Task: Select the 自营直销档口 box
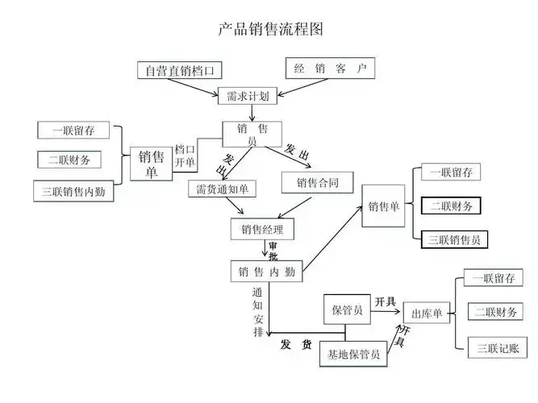[x=178, y=70]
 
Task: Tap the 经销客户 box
[x=330, y=69]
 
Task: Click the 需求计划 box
[x=248, y=96]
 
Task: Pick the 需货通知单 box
[x=223, y=189]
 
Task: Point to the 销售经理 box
[x=262, y=230]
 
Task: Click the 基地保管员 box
[x=353, y=354]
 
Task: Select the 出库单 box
[x=426, y=313]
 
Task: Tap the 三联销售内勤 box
[x=73, y=192]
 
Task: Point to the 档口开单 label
[x=185, y=156]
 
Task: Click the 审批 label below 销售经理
[x=273, y=251]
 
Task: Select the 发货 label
[x=296, y=345]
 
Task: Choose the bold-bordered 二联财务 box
[x=451, y=206]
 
